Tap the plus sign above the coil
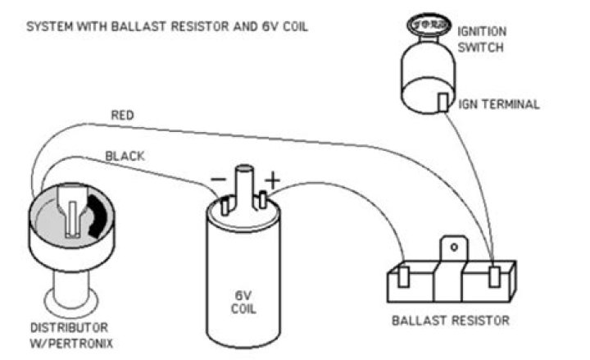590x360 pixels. click(270, 175)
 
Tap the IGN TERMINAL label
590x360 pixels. click(503, 104)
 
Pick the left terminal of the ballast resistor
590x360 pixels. click(403, 275)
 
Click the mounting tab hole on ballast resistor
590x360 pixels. click(449, 244)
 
